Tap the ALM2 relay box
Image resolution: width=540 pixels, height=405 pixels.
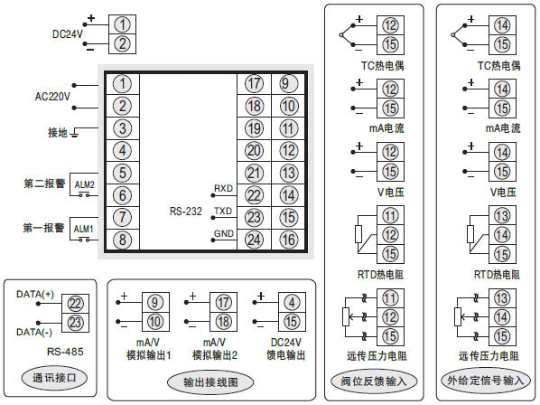[84, 184]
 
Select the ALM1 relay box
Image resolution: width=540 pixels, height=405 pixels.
[84, 228]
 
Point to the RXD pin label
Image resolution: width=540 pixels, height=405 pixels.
[223, 188]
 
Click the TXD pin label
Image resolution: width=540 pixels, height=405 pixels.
[223, 211]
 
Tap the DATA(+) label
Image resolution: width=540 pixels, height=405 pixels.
[35, 294]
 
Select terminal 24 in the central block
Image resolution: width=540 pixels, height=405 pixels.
[254, 240]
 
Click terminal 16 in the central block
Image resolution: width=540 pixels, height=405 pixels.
[288, 240]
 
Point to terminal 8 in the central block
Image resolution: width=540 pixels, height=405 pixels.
[124, 240]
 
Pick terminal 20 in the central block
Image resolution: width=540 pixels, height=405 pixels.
[254, 150]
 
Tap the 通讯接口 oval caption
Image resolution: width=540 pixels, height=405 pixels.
[53, 376]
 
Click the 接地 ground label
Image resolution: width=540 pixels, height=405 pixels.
[59, 132]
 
